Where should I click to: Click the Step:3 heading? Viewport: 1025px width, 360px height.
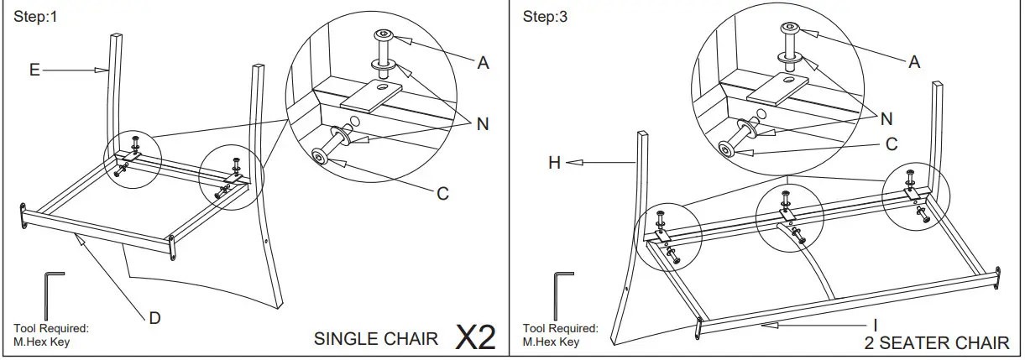tap(545, 17)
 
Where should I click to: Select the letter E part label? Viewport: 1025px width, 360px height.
tap(34, 70)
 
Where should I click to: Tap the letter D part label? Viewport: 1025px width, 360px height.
tap(154, 318)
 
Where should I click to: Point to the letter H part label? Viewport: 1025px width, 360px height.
tap(554, 163)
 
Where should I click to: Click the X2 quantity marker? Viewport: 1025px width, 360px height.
tap(475, 337)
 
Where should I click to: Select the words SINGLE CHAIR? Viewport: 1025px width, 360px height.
tap(375, 339)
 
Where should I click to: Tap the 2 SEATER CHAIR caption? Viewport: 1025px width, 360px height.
tap(936, 343)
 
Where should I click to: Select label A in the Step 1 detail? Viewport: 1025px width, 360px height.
tap(483, 63)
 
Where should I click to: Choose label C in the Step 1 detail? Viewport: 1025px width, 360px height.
tap(442, 194)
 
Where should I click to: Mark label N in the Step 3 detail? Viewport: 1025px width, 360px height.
tap(886, 118)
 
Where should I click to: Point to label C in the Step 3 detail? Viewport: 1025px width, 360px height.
tap(892, 144)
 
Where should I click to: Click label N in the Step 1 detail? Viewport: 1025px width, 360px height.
tap(482, 124)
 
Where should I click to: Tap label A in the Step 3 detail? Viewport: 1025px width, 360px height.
tap(914, 61)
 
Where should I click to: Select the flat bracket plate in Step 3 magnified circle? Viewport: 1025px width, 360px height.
tap(777, 86)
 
